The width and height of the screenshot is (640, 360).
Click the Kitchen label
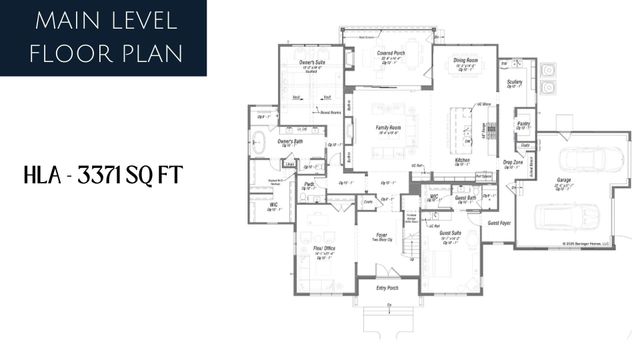pyautogui.click(x=463, y=160)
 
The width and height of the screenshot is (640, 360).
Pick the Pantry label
pyautogui.click(x=523, y=124)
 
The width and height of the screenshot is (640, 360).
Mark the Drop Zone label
pyautogui.click(x=512, y=162)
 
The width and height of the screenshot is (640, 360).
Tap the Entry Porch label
pyautogui.click(x=387, y=289)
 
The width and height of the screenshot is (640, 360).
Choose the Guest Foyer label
pyautogui.click(x=500, y=223)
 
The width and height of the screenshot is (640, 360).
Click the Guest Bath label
pyautogui.click(x=465, y=198)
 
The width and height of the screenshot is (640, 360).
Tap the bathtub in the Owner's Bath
pyautogui.click(x=258, y=140)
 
